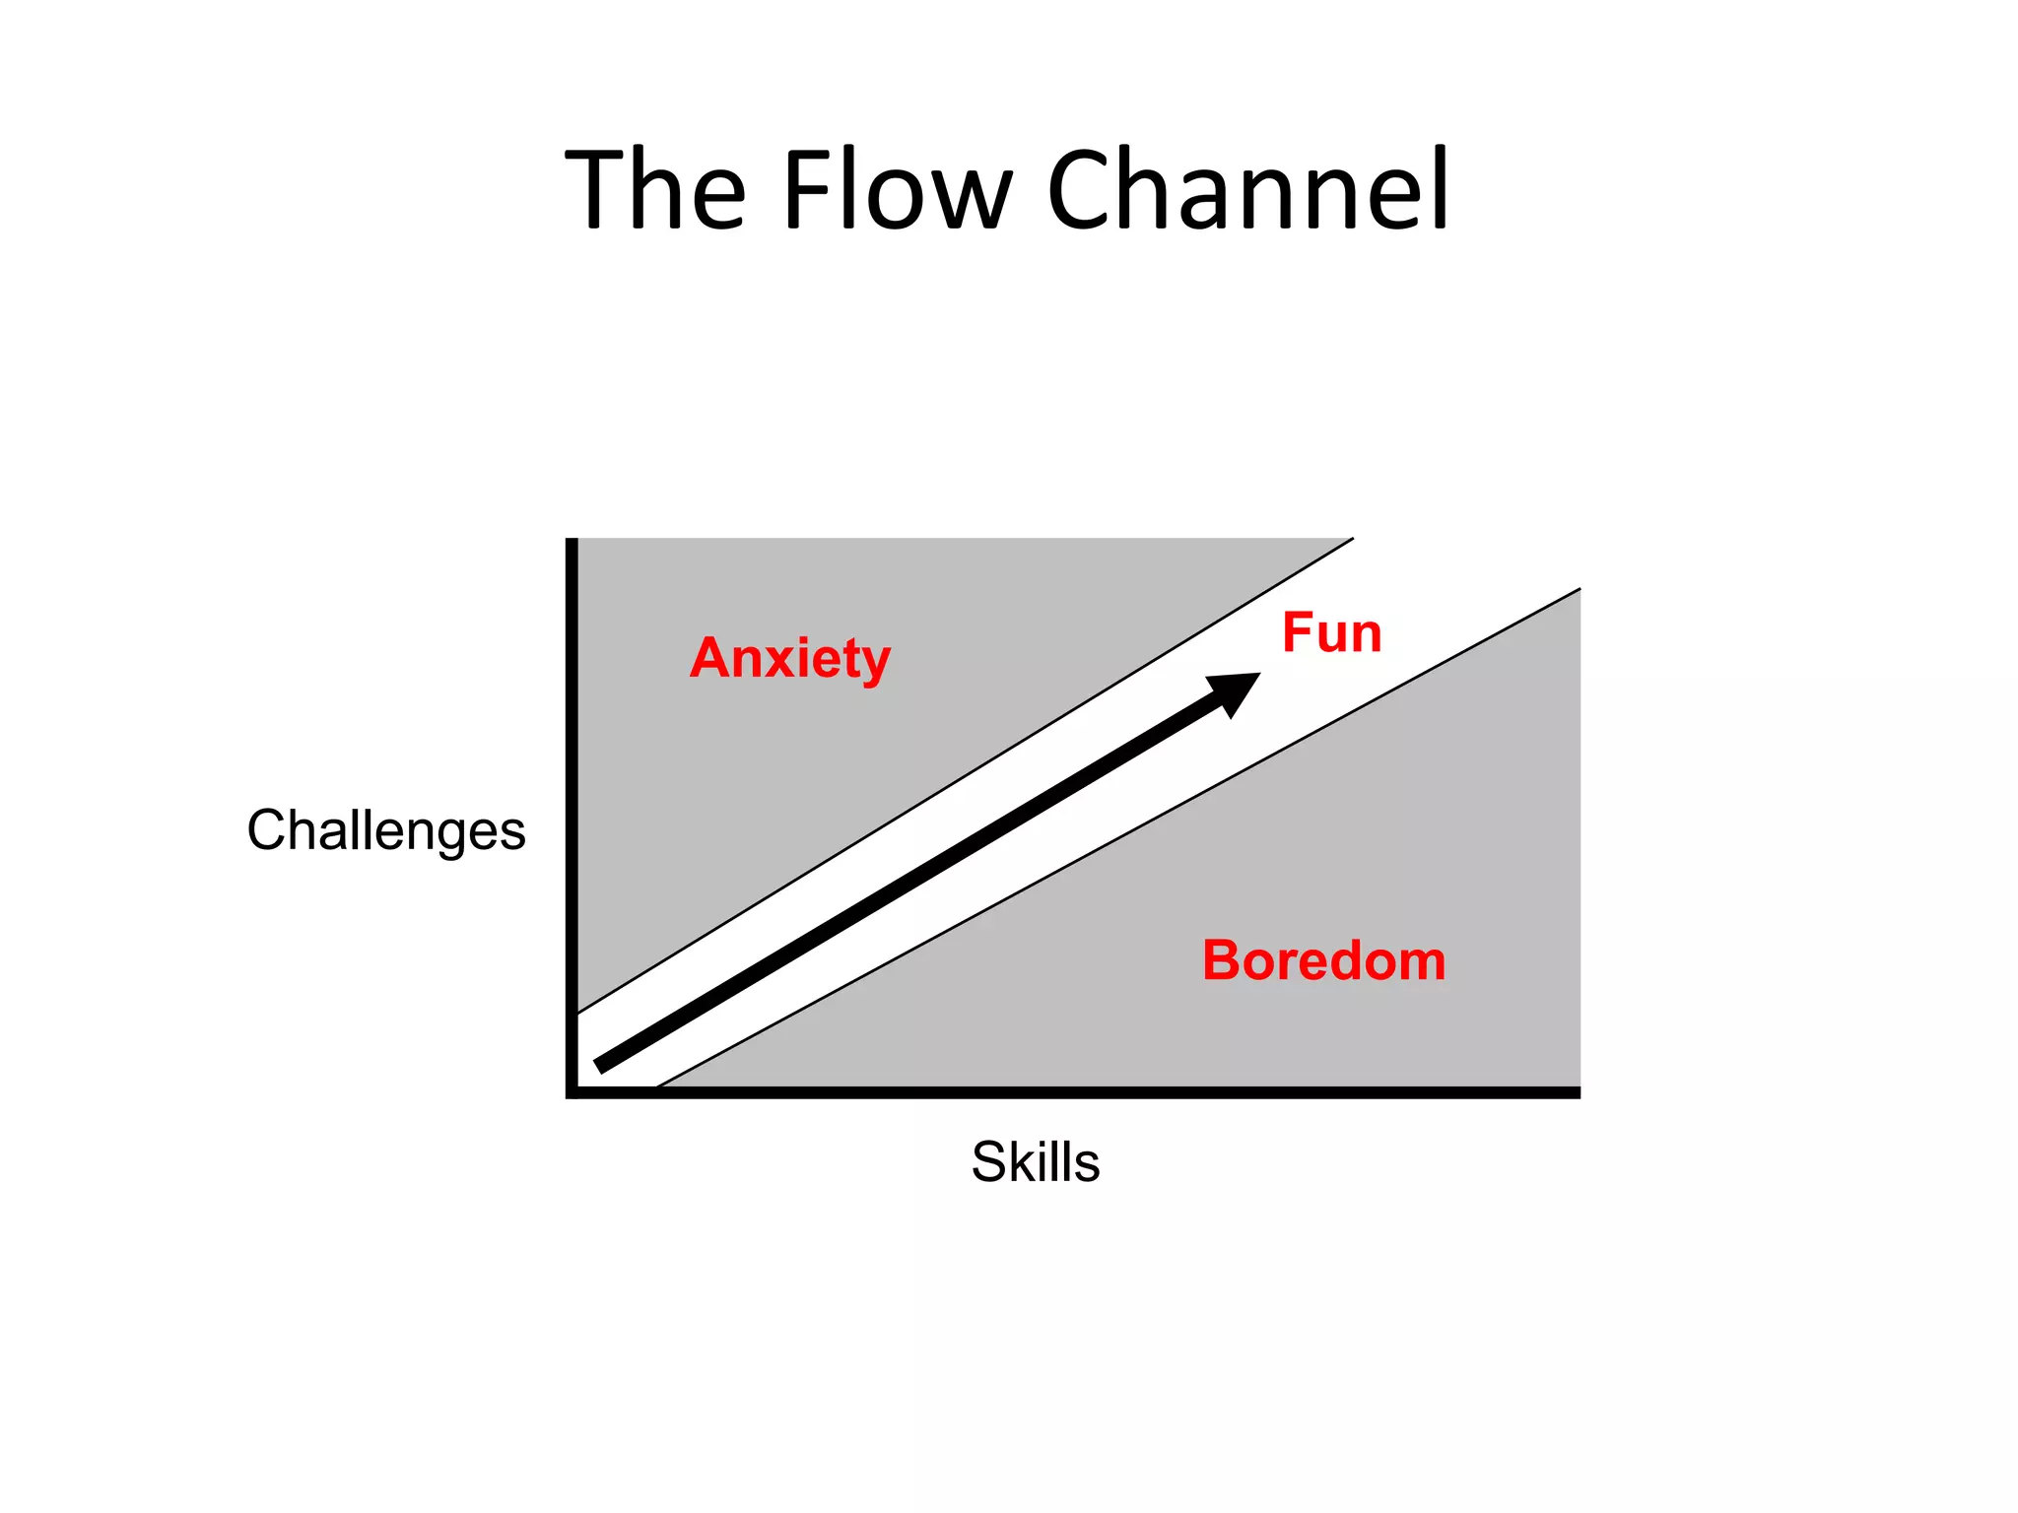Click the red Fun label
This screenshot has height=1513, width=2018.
(x=1331, y=632)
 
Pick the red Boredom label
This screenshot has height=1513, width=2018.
(x=1323, y=960)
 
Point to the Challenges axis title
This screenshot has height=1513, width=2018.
(x=386, y=830)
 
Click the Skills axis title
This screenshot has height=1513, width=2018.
(x=1035, y=1161)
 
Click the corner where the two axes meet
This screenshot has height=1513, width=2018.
(x=572, y=1091)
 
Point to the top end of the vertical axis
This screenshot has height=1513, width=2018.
(x=572, y=541)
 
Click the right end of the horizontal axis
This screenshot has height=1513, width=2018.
(x=1577, y=1092)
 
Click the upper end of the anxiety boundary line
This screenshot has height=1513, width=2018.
(x=1351, y=540)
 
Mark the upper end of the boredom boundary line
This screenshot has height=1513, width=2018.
(x=1578, y=590)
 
